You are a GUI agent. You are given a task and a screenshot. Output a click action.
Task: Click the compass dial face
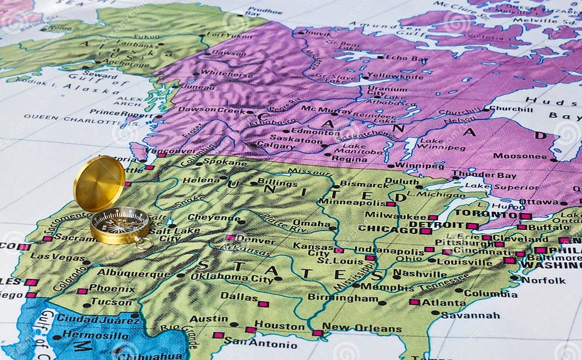(120, 223)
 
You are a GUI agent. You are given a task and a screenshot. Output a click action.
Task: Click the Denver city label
(255, 240)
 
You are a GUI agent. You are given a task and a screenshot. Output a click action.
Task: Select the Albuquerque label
(134, 272)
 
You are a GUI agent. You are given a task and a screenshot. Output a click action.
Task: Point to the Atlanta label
(444, 303)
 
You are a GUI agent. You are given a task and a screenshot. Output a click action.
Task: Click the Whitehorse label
(226, 73)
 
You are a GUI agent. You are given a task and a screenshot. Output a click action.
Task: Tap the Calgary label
(275, 145)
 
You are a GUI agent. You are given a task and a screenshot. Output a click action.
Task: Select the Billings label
(278, 183)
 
